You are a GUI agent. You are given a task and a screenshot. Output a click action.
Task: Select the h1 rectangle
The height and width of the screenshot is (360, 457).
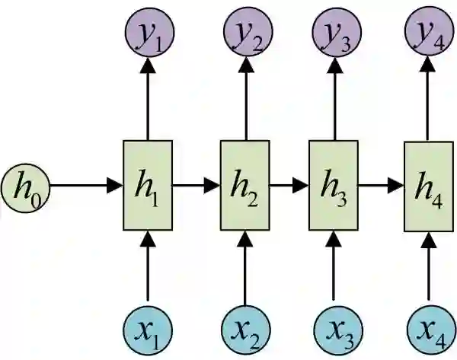[148, 185]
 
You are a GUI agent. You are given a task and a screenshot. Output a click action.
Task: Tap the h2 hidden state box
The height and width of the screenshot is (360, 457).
[244, 185]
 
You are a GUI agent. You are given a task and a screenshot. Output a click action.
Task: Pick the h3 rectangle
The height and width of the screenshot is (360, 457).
[333, 185]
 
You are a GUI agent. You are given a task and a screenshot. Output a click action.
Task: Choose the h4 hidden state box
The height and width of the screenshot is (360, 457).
[427, 185]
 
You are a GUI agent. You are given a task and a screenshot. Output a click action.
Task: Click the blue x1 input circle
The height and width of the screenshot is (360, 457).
[148, 329]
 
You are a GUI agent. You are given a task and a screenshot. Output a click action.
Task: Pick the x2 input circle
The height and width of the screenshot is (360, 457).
[244, 329]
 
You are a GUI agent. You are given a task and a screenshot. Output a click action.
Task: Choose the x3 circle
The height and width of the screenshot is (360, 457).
[333, 329]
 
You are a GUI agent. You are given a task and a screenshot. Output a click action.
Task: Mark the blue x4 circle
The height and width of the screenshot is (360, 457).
[427, 329]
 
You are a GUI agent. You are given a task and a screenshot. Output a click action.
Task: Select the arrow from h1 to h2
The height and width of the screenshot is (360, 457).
[197, 185]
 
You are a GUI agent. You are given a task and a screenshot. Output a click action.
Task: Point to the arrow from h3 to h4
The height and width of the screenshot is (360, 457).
[380, 185]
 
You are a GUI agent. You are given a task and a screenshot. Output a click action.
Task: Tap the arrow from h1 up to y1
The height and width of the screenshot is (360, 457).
[148, 99]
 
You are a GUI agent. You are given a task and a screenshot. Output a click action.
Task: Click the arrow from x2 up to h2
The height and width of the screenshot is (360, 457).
[244, 266]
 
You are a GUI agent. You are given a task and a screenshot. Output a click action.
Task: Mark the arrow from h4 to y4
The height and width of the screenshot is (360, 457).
[427, 99]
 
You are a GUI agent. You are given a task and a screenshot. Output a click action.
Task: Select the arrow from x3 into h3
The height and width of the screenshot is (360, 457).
[333, 266]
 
